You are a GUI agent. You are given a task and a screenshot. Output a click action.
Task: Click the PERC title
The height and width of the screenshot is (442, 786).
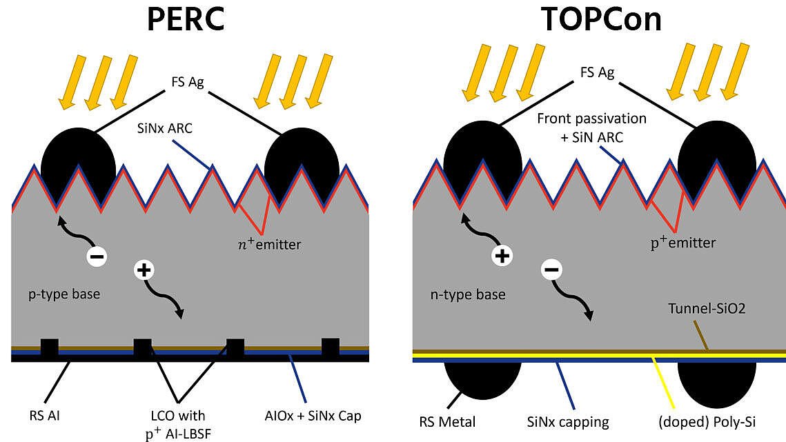click(186, 19)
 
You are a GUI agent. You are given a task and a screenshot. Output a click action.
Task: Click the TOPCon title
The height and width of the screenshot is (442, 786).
click(601, 19)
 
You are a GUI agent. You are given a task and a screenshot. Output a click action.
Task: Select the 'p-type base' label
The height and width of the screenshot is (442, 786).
click(64, 294)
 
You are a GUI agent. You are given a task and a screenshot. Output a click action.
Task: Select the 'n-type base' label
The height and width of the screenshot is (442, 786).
click(468, 294)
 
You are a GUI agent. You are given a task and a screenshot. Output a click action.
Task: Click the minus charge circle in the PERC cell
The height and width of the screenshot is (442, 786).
click(97, 257)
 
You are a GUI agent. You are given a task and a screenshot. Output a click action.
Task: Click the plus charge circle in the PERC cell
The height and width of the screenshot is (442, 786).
click(144, 270)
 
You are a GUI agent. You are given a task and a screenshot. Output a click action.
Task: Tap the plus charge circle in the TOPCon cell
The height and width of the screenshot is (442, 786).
click(502, 257)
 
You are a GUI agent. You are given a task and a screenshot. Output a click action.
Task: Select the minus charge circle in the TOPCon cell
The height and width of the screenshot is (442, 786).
click(551, 269)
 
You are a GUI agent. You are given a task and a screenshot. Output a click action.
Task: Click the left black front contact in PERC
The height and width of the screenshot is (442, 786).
click(78, 162)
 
